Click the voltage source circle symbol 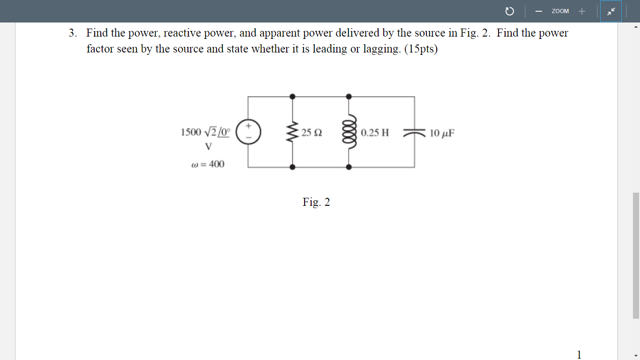click(x=248, y=132)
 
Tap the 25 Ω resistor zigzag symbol click(x=293, y=132)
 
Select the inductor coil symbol click(x=349, y=132)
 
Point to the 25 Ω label click(x=312, y=133)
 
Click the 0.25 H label click(x=375, y=133)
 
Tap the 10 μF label click(x=442, y=133)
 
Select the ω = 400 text click(x=208, y=164)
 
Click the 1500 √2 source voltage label click(x=205, y=132)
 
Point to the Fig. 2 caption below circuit click(x=316, y=202)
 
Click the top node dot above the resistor click(x=293, y=97)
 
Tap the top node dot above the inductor click(x=349, y=97)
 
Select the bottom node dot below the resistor click(x=293, y=167)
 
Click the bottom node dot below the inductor click(x=349, y=167)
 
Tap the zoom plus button click(x=581, y=11)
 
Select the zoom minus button click(x=539, y=11)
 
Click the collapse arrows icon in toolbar click(x=611, y=11)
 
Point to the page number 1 click(x=579, y=354)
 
